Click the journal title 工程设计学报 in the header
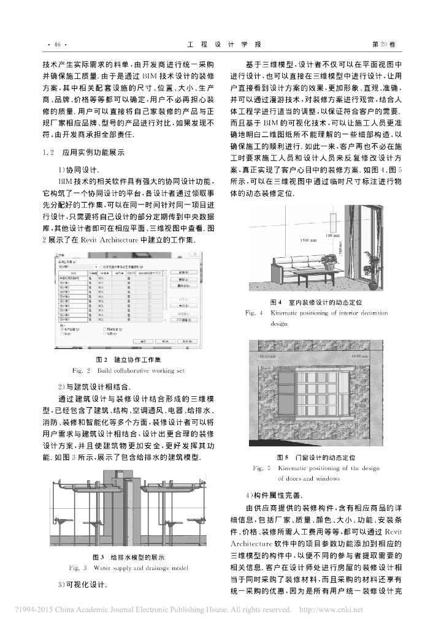[223, 44]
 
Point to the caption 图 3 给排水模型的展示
[129, 557]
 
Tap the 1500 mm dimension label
[309, 241]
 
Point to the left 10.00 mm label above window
[268, 356]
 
